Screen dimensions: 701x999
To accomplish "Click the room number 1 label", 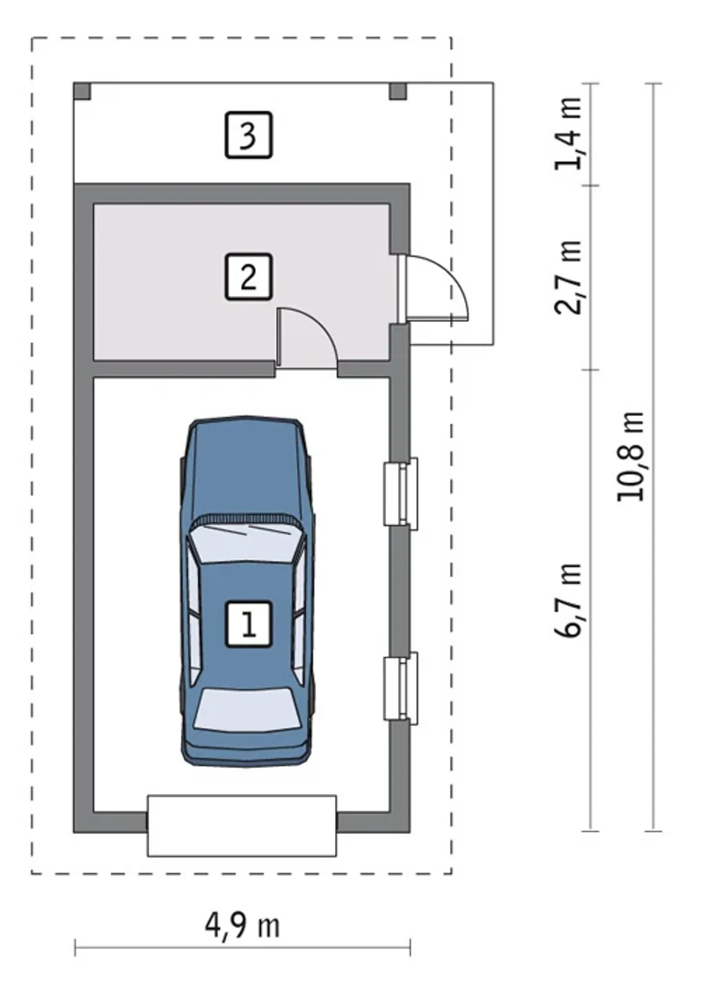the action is (249, 624).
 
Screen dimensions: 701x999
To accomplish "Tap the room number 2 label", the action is (249, 277).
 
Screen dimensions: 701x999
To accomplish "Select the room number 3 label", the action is (249, 135).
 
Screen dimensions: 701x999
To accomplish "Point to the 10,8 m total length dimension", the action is (631, 456).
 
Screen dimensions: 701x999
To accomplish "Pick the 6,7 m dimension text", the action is (568, 600).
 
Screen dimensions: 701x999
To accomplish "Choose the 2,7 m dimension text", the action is (568, 277).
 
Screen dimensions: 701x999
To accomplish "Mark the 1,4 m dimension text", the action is (568, 134).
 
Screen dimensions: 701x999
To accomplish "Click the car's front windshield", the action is (248, 542).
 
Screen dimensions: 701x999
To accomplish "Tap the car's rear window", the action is (248, 709).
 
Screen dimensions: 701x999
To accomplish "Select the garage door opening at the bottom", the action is (242, 826).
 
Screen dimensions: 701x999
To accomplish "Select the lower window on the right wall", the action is (401, 688).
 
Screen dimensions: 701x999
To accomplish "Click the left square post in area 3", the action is (82, 91).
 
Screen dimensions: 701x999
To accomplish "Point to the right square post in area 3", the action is (398, 91).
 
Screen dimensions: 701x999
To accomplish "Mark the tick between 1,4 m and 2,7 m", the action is (590, 185).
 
